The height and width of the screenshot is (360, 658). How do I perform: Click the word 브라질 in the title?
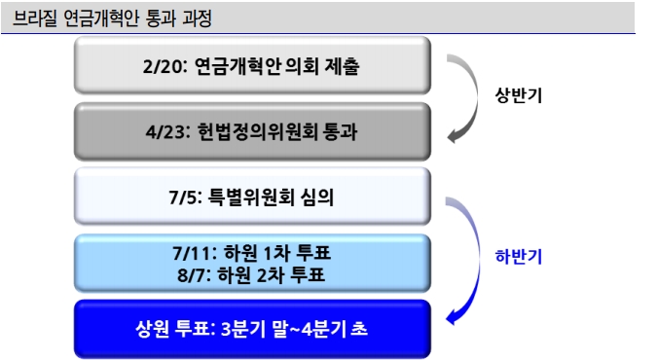35,18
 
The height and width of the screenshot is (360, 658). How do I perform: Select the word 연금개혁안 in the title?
100,18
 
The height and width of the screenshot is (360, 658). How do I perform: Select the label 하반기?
517,258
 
